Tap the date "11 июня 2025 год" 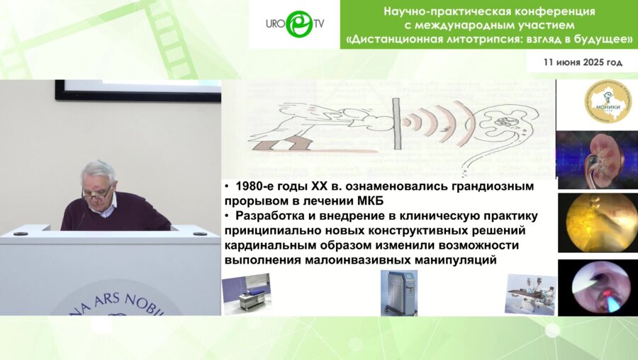coord(583,62)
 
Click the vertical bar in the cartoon coord(394,125)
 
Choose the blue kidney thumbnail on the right coord(596,159)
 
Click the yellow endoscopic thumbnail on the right coord(596,223)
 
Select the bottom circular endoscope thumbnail coord(596,287)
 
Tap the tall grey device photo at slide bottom coord(394,292)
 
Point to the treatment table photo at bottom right coord(530,293)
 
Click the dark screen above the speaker coord(138,90)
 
